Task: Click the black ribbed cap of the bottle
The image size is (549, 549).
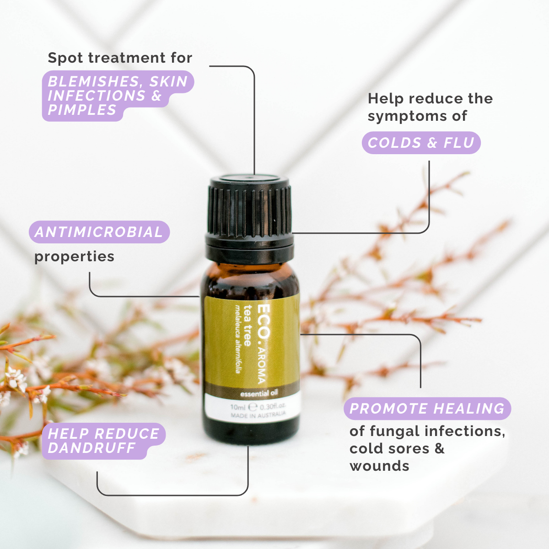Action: click(x=250, y=206)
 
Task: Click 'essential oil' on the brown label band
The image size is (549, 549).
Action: click(x=258, y=393)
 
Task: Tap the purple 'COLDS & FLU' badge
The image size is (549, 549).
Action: click(x=421, y=143)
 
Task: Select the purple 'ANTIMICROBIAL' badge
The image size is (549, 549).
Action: click(x=99, y=232)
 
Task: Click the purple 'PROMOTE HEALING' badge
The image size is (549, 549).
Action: click(x=427, y=409)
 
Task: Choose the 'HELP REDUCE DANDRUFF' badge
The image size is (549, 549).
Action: click(x=103, y=441)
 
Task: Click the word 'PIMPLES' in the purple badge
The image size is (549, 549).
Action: click(x=82, y=110)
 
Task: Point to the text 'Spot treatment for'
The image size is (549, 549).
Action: click(x=120, y=58)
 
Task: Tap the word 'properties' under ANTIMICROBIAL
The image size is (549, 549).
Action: click(x=74, y=257)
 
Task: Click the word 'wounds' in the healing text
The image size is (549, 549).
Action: click(x=379, y=466)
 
